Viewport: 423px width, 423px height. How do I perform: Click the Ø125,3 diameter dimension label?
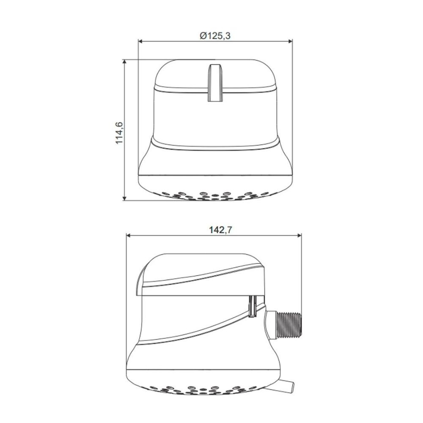(x=215, y=36)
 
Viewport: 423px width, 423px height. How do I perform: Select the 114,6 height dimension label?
(x=119, y=133)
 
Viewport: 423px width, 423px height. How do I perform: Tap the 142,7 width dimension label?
(x=221, y=230)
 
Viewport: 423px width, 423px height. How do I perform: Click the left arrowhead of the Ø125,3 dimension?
(x=140, y=41)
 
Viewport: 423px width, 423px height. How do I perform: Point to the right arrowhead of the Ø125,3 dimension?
(x=290, y=41)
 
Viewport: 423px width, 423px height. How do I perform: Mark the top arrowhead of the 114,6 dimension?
(x=124, y=62)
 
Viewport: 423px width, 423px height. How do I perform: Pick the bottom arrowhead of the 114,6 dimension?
(x=124, y=198)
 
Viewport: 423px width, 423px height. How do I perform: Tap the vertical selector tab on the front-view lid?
(x=215, y=83)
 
